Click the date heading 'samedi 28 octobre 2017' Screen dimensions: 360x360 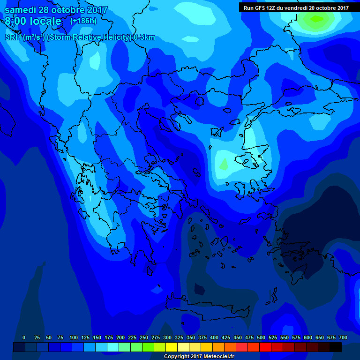coord(56,10)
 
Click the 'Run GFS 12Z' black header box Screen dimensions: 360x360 coord(296,7)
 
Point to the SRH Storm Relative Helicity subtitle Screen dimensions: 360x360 coord(80,37)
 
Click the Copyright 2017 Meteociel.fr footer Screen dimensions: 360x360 coord(199,357)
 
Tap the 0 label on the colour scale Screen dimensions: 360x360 coord(24,337)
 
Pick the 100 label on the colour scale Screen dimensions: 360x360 coord(73,337)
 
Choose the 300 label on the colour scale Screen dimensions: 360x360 coord(167,337)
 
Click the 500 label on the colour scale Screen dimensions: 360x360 coord(261,337)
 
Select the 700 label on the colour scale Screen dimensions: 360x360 coord(343,337)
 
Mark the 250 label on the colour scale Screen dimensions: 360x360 coord(144,337)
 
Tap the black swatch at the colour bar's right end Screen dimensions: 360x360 coord(336,347)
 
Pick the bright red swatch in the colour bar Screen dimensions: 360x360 coord(265,347)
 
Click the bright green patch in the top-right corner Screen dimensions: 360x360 coord(317,19)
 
